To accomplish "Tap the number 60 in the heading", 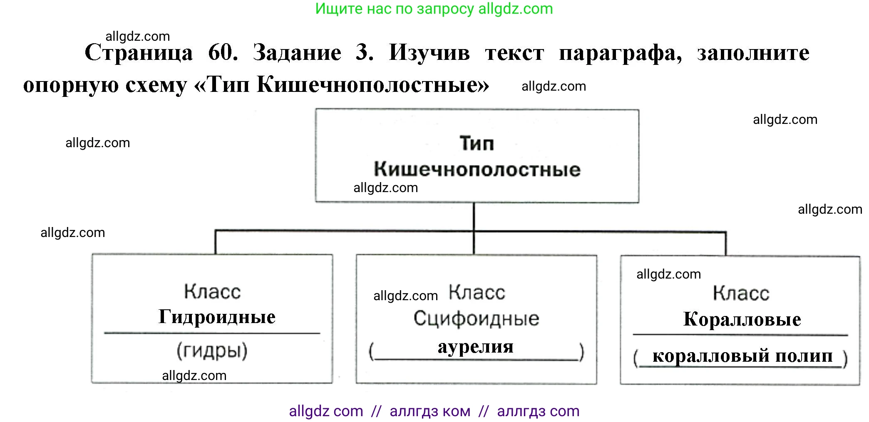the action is click(223, 52).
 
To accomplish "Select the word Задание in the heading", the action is click(297, 53).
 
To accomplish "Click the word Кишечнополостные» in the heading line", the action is click(373, 85).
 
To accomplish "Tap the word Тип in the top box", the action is click(477, 143).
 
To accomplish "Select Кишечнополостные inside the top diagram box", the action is click(477, 169).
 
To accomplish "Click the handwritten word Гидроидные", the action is click(217, 317).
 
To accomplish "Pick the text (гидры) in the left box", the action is click(212, 351).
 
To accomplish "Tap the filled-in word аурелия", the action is click(476, 347).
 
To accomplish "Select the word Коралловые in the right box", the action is click(742, 319).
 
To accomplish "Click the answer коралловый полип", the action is click(742, 356).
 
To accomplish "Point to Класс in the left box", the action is click(212, 291).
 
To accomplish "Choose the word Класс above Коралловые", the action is click(741, 293).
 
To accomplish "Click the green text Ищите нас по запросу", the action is click(395, 9).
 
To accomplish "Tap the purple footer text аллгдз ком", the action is click(430, 411).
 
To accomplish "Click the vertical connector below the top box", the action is click(474, 228).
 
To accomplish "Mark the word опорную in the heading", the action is click(70, 86).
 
